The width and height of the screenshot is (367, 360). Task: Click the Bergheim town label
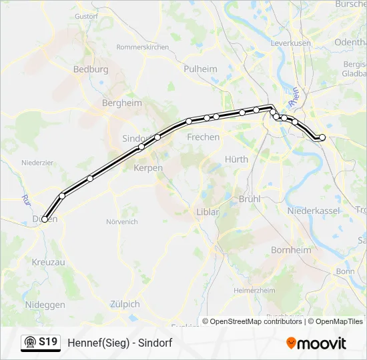click(x=122, y=103)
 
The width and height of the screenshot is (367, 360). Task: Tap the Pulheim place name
click(x=200, y=69)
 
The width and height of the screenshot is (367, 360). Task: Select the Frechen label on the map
click(x=204, y=137)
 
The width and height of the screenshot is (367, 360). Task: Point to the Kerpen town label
click(x=148, y=168)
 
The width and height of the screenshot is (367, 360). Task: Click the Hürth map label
click(x=237, y=159)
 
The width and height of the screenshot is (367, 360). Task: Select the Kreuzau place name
click(x=49, y=263)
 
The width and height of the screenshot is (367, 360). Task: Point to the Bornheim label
click(x=291, y=250)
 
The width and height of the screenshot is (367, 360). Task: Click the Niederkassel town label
click(x=314, y=211)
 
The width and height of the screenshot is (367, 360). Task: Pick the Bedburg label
click(x=91, y=69)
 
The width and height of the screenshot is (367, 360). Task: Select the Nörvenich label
click(x=121, y=221)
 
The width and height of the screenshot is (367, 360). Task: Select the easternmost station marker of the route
click(x=322, y=137)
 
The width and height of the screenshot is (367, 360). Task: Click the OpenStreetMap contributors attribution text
click(x=253, y=321)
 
